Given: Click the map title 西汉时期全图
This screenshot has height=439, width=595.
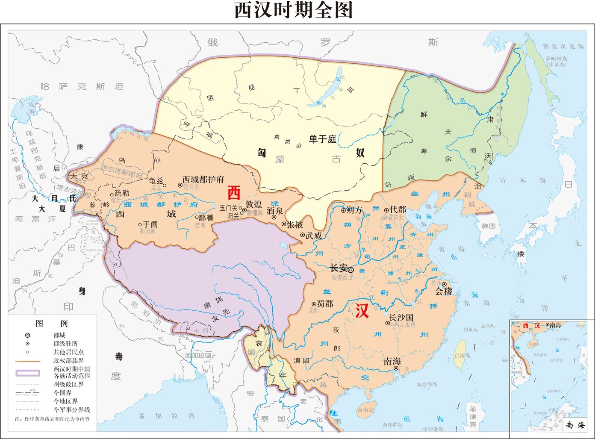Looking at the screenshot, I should pos(294,11).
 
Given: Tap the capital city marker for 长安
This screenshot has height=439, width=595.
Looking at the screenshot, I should pos(351,270).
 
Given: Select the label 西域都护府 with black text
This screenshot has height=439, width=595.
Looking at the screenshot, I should pos(203,180).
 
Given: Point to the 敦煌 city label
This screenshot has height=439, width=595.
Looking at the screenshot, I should pos(253,204).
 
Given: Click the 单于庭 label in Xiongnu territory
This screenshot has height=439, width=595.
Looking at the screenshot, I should pos(323,139).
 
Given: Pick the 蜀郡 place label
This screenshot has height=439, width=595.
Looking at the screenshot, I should pos(324,303).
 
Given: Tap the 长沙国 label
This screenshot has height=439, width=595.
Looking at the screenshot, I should pos(401,317).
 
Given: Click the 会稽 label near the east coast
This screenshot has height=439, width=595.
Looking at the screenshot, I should pos(443,292).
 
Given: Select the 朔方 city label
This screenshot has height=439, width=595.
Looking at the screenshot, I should pos(354,210).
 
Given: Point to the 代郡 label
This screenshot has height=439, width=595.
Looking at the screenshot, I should pos(398,209).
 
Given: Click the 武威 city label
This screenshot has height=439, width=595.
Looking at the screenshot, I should pos(314,235).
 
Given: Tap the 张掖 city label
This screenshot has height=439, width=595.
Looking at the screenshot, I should pos(295,224).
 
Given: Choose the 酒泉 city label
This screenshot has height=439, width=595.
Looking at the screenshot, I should pos(274,211).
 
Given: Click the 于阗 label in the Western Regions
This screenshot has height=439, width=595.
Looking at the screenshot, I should pos(150,224).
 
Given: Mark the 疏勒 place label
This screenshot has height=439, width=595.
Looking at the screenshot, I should pos(122,193).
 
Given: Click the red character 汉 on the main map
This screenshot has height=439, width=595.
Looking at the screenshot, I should pos(362,311).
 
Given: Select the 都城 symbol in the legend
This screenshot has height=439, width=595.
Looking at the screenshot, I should pos(28,335).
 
